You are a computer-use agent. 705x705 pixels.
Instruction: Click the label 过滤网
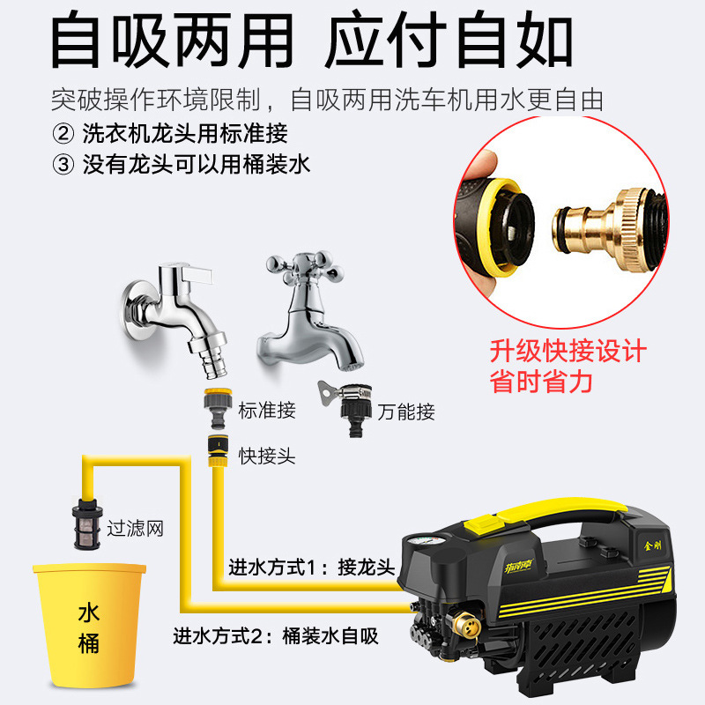(x=135, y=529)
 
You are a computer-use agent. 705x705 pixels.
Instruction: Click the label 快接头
(x=266, y=456)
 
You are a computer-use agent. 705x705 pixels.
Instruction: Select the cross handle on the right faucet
(x=301, y=265)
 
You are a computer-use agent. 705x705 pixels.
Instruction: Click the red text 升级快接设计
(x=568, y=351)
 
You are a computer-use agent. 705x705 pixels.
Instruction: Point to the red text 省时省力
(x=541, y=382)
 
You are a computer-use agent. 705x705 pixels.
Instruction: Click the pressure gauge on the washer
(x=419, y=545)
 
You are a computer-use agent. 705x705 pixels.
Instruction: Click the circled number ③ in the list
(x=63, y=164)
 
